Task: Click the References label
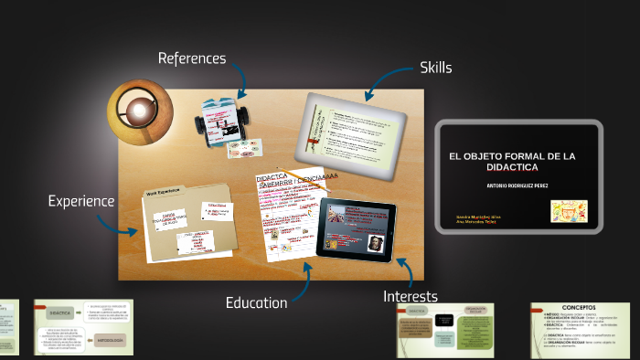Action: pos(191,58)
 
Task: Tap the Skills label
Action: pos(436,67)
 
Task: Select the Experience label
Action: pos(81,201)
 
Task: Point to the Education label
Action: pos(256,302)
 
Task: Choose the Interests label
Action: pos(410,296)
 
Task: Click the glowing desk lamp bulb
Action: pos(138,111)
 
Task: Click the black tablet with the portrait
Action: pos(356,230)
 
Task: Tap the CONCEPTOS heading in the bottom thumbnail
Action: pos(579,308)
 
